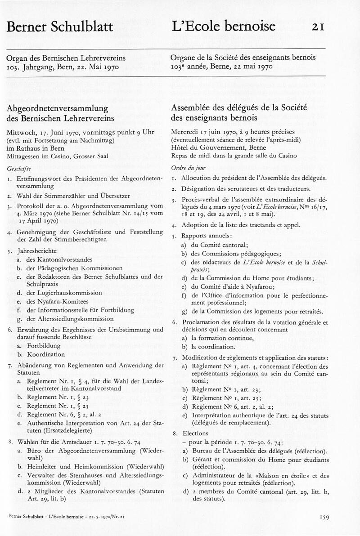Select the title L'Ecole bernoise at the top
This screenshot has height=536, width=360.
click(223, 27)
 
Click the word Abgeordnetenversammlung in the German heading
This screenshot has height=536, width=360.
click(57, 108)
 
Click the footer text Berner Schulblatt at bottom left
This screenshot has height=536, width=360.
click(26, 517)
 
